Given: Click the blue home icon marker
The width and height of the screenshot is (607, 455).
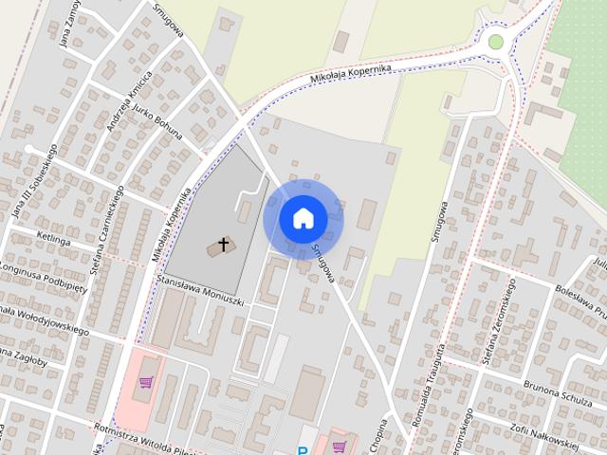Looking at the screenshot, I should tap(303, 218).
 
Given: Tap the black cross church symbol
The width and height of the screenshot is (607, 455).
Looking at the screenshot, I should tap(224, 245).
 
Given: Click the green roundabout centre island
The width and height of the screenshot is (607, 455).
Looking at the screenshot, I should tap(495, 41).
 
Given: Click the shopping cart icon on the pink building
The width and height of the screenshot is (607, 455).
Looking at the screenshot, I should tap(146, 382).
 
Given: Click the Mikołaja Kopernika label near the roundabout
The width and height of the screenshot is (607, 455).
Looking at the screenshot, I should tap(351, 74).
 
